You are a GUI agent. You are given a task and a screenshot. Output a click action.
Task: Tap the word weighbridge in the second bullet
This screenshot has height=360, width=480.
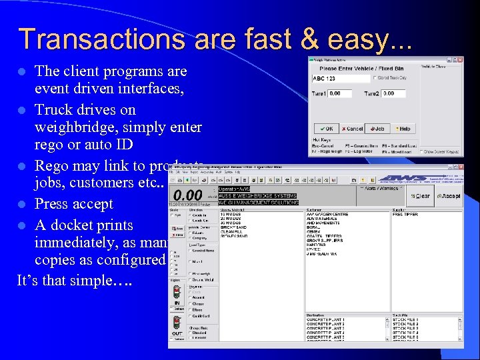point(77,127)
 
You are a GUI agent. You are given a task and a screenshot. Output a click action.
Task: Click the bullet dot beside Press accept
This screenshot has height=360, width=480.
point(22,205)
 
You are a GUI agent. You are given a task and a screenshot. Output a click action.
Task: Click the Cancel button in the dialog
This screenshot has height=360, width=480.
point(352,128)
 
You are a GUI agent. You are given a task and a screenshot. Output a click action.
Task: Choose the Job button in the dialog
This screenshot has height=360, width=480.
point(378,128)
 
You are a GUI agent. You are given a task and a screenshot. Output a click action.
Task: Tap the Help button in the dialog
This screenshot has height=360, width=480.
point(403,128)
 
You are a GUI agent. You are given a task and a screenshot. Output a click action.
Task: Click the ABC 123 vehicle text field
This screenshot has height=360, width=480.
point(340,79)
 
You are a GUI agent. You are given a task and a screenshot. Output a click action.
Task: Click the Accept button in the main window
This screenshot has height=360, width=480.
point(449,196)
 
